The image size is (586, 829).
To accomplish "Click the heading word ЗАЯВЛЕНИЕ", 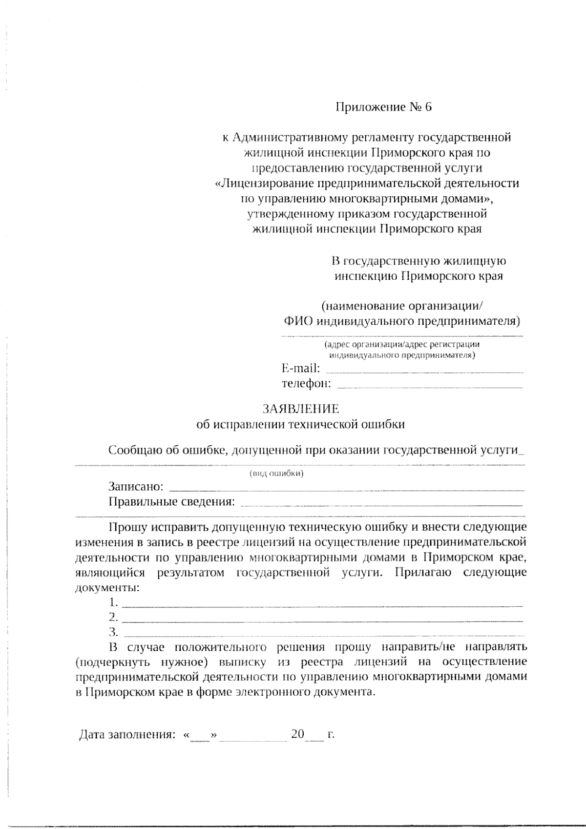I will point(301,408).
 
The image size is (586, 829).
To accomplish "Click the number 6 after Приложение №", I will point(428,107).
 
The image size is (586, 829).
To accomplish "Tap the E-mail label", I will point(301,368).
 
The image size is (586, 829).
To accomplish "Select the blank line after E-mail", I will point(424,371).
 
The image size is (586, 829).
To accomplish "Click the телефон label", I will point(306,383).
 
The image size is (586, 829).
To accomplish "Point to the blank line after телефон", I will point(430,387).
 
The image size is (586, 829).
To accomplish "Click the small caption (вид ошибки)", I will point(277,474).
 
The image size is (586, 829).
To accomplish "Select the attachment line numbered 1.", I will point(322,605).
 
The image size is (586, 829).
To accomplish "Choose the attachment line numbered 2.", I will point(322,621).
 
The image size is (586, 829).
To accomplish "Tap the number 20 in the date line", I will point(297,734).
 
